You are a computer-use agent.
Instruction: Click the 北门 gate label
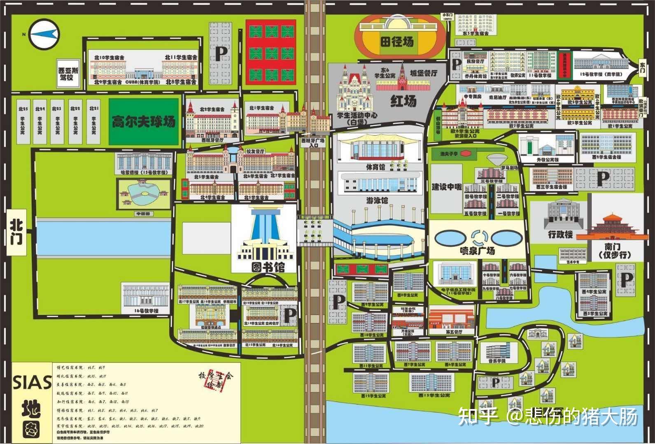pos(17,233)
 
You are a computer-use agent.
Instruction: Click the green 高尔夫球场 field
pos(144,121)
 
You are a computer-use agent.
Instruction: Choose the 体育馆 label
pos(375,167)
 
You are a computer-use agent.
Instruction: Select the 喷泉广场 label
pos(478,250)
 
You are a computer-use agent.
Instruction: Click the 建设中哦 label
pos(446,187)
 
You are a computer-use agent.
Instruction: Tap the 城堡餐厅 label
pos(423,73)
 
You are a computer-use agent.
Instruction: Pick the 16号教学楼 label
pos(146,311)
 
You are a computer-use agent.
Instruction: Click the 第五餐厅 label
pos(454,331)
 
